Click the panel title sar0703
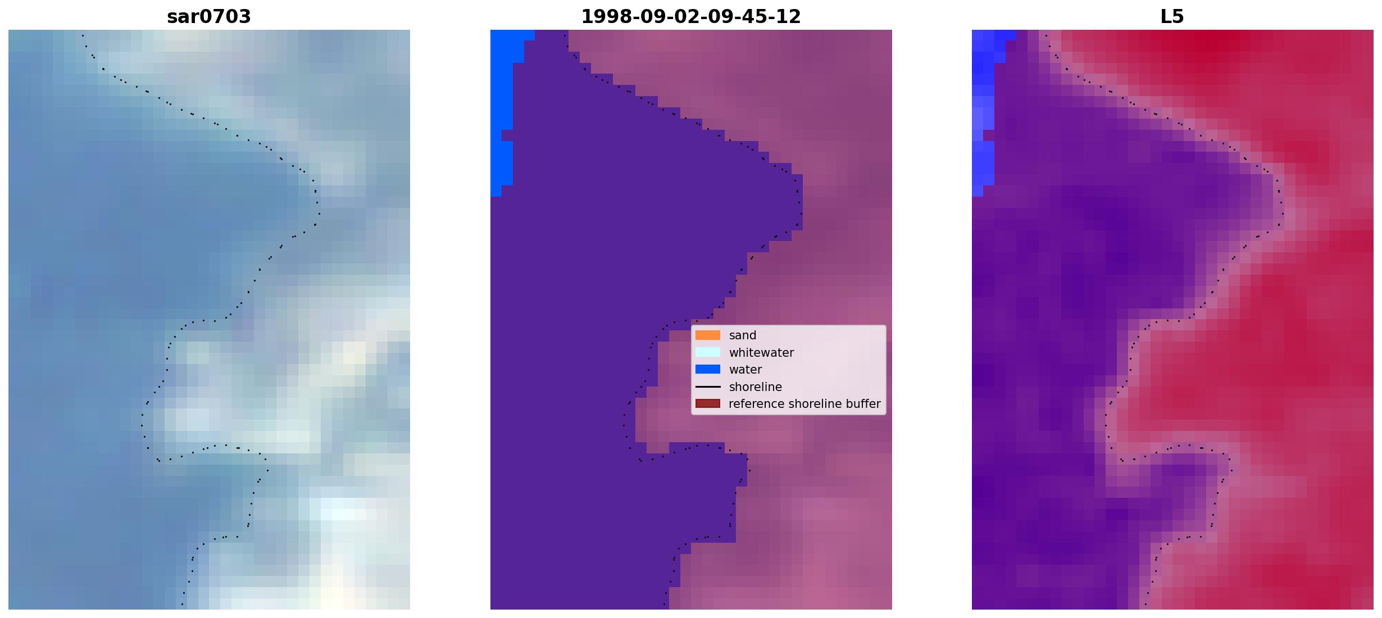click(x=209, y=17)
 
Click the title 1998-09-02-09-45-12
click(x=691, y=17)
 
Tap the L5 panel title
click(x=1172, y=17)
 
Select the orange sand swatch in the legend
click(x=708, y=335)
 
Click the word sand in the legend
click(x=743, y=335)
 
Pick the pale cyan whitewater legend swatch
click(x=708, y=352)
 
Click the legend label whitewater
click(x=761, y=353)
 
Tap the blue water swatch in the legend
click(x=708, y=370)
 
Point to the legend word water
click(x=745, y=370)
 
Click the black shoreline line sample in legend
click(x=708, y=387)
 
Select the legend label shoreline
click(x=756, y=387)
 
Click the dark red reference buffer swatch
click(x=708, y=404)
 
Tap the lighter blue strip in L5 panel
click(x=984, y=112)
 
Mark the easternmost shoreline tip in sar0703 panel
click(x=319, y=213)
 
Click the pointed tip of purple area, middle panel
click(x=801, y=202)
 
